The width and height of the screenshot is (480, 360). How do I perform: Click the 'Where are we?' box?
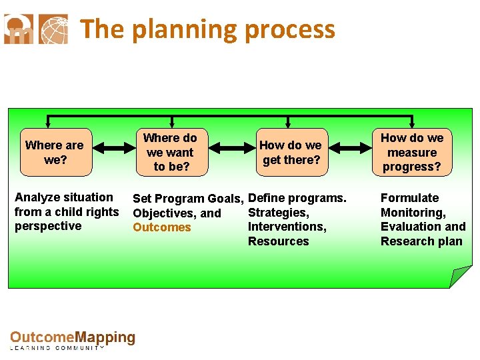click(55, 152)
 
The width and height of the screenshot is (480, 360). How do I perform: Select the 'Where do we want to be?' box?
click(171, 152)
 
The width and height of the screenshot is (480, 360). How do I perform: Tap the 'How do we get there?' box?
click(290, 152)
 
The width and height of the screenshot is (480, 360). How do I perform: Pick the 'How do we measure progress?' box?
click(412, 152)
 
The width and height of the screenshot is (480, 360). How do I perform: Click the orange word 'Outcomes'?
click(162, 227)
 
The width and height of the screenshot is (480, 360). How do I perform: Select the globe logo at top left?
click(53, 29)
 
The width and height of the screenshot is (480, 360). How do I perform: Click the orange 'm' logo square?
click(18, 29)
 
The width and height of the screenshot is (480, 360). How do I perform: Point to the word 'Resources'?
click(279, 241)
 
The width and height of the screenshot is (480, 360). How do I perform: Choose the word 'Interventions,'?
click(287, 227)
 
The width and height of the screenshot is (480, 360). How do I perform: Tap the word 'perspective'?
click(48, 226)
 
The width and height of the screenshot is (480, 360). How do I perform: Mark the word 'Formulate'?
click(409, 198)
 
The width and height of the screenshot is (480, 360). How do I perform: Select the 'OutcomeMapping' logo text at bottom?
click(73, 338)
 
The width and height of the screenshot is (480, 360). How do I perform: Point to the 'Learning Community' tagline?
click(59, 349)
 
